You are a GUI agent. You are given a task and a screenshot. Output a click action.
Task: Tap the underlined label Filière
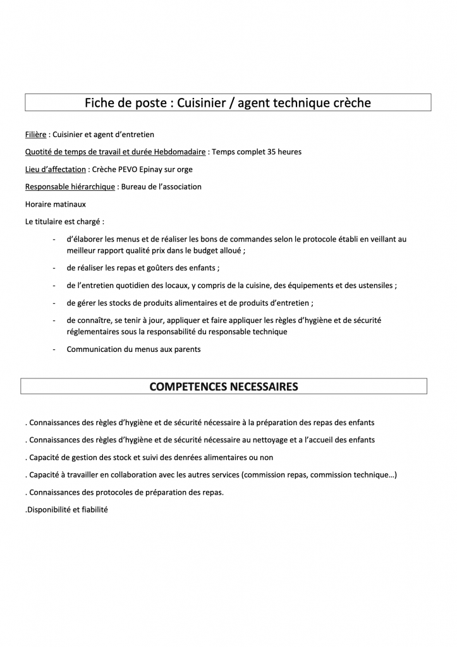(x=35, y=135)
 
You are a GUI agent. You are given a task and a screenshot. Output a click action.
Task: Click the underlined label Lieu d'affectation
(x=56, y=169)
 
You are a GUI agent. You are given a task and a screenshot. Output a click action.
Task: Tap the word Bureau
(x=135, y=186)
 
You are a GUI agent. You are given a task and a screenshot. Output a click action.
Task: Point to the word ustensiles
(x=374, y=286)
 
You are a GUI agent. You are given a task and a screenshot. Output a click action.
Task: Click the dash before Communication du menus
(x=55, y=349)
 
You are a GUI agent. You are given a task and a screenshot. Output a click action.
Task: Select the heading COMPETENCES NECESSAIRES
(x=224, y=386)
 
